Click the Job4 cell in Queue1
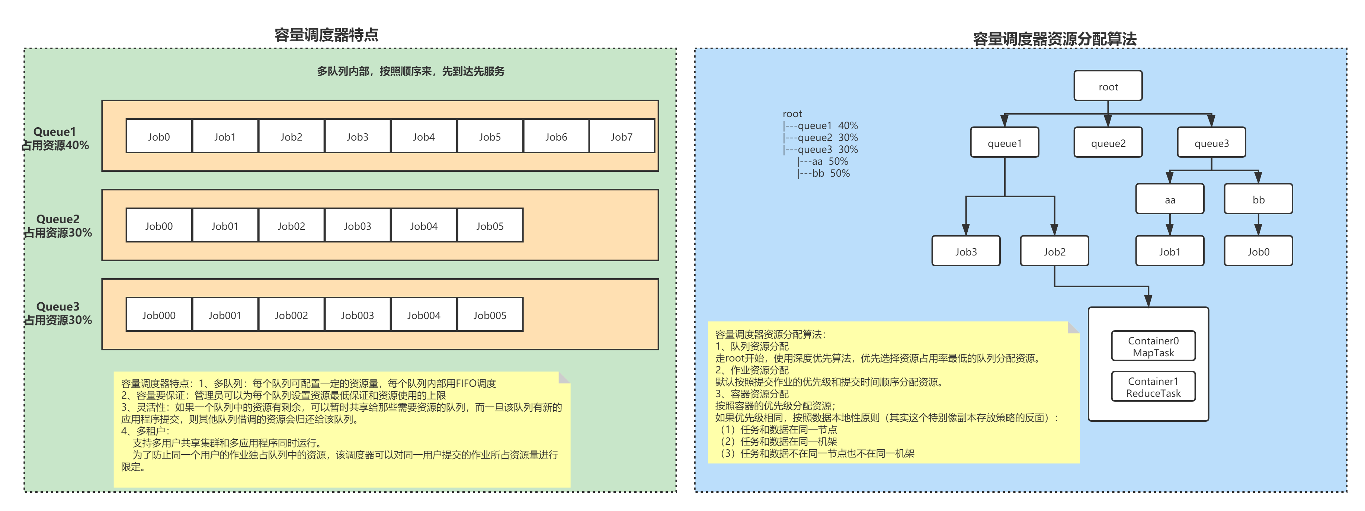coord(423,136)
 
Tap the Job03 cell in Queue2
coord(357,226)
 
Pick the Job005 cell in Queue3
coord(490,315)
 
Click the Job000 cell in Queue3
coord(158,315)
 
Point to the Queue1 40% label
coord(55,138)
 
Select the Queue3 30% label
coord(58,313)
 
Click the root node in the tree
coord(1108,86)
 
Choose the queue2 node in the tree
coord(1108,143)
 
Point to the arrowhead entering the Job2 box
coord(1054,230)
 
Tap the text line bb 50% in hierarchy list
coord(824,173)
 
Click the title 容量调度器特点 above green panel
coord(326,35)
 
